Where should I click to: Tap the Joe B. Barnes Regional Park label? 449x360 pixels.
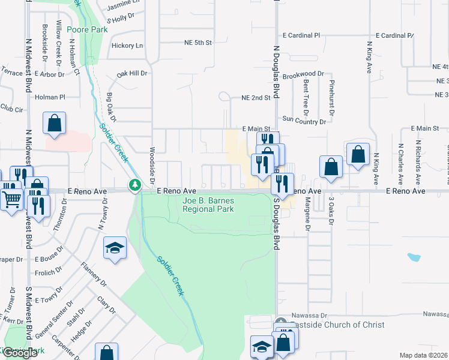pyautogui.click(x=208, y=205)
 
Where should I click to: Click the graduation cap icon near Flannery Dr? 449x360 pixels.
pyautogui.click(x=115, y=249)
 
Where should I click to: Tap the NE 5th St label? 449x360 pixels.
pyautogui.click(x=199, y=43)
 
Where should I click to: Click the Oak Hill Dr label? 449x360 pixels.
pyautogui.click(x=132, y=73)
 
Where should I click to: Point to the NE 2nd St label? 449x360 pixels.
pyautogui.click(x=256, y=97)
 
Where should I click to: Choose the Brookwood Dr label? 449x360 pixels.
pyautogui.click(x=303, y=74)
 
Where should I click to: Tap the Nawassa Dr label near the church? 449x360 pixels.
pyautogui.click(x=309, y=314)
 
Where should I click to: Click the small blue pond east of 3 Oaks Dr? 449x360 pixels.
pyautogui.click(x=414, y=257)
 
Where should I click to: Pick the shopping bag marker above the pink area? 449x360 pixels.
pyautogui.click(x=54, y=123)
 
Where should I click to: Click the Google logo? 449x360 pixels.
pyautogui.click(x=20, y=353)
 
